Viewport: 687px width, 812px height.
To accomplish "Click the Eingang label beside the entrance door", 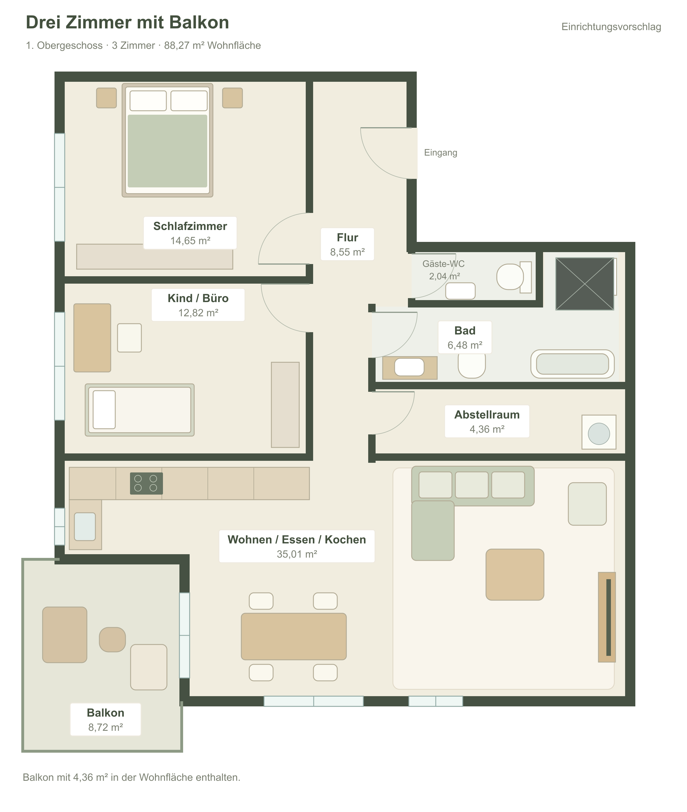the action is coord(441,153).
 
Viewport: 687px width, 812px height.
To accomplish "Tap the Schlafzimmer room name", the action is coord(190,226).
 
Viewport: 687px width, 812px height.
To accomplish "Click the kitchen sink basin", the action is coord(85,527).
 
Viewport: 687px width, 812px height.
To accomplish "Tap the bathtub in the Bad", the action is coord(573,364).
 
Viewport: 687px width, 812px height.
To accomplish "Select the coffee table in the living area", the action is coord(515,574).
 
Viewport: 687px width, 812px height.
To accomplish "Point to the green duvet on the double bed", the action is coord(167,151).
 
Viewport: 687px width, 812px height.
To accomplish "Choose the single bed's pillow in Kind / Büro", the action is coord(104,410).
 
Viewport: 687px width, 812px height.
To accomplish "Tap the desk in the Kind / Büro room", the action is coord(92,338).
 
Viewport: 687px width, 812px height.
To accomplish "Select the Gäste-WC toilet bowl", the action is coord(510,277).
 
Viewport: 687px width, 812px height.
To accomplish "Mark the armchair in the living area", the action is coord(587,504).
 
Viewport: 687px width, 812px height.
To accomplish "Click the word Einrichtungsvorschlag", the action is coord(611,27).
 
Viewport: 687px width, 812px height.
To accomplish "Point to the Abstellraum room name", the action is coord(487,415).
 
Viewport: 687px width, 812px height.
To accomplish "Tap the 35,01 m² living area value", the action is coord(297,554).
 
